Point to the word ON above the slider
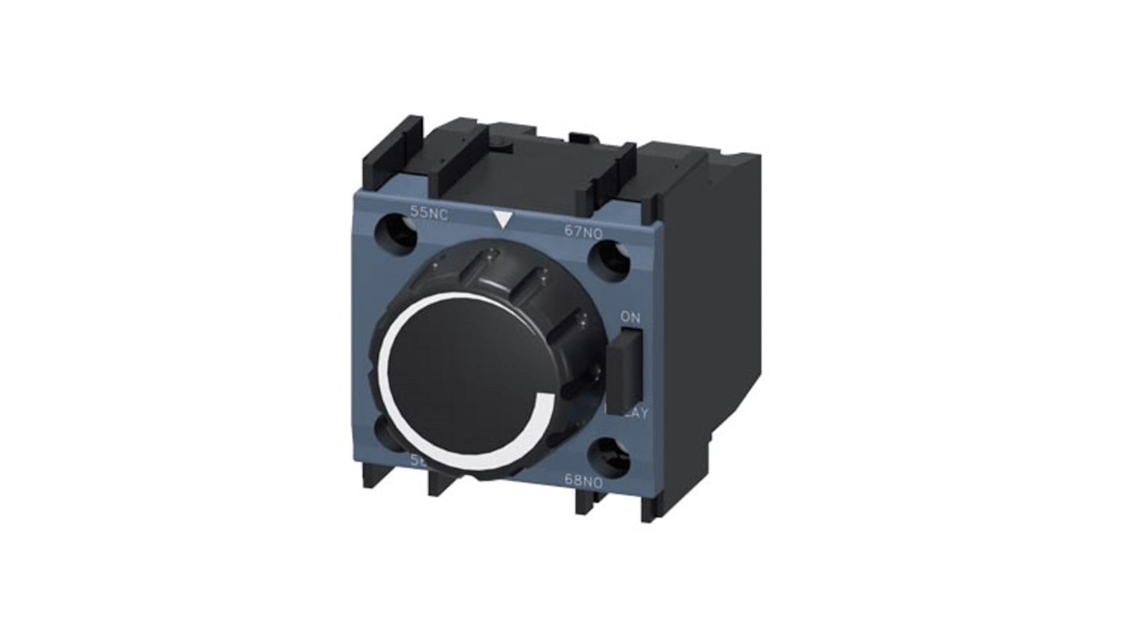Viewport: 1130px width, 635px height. (x=629, y=317)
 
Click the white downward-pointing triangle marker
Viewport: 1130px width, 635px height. (x=501, y=220)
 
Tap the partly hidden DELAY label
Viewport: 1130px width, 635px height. (x=633, y=413)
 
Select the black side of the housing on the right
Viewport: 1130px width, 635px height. (x=700, y=318)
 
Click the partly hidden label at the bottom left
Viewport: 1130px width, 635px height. (x=415, y=460)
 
